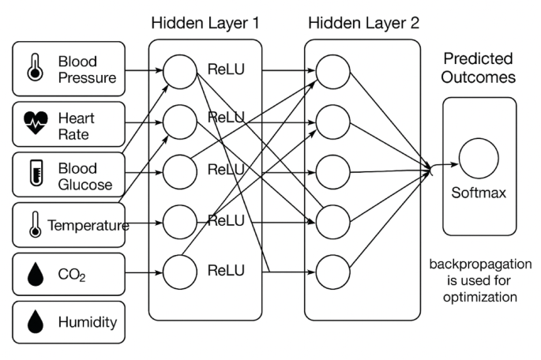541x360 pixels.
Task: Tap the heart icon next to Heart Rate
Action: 36,122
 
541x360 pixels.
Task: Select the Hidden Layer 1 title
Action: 205,21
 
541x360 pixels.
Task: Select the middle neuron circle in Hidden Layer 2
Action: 333,171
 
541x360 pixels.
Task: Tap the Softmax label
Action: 479,193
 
